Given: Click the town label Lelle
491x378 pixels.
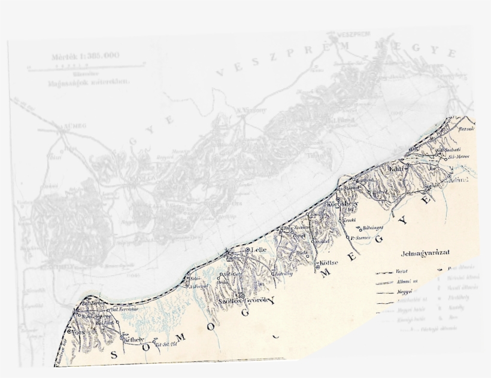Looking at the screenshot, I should coord(259,249).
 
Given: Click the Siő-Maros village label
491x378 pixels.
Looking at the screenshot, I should coord(456,157).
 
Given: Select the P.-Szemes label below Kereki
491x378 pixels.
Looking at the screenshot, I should coord(361,237).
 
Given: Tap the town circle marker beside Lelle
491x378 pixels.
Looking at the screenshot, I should coord(247,249).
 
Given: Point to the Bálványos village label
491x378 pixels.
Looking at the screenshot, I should coord(372,228).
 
